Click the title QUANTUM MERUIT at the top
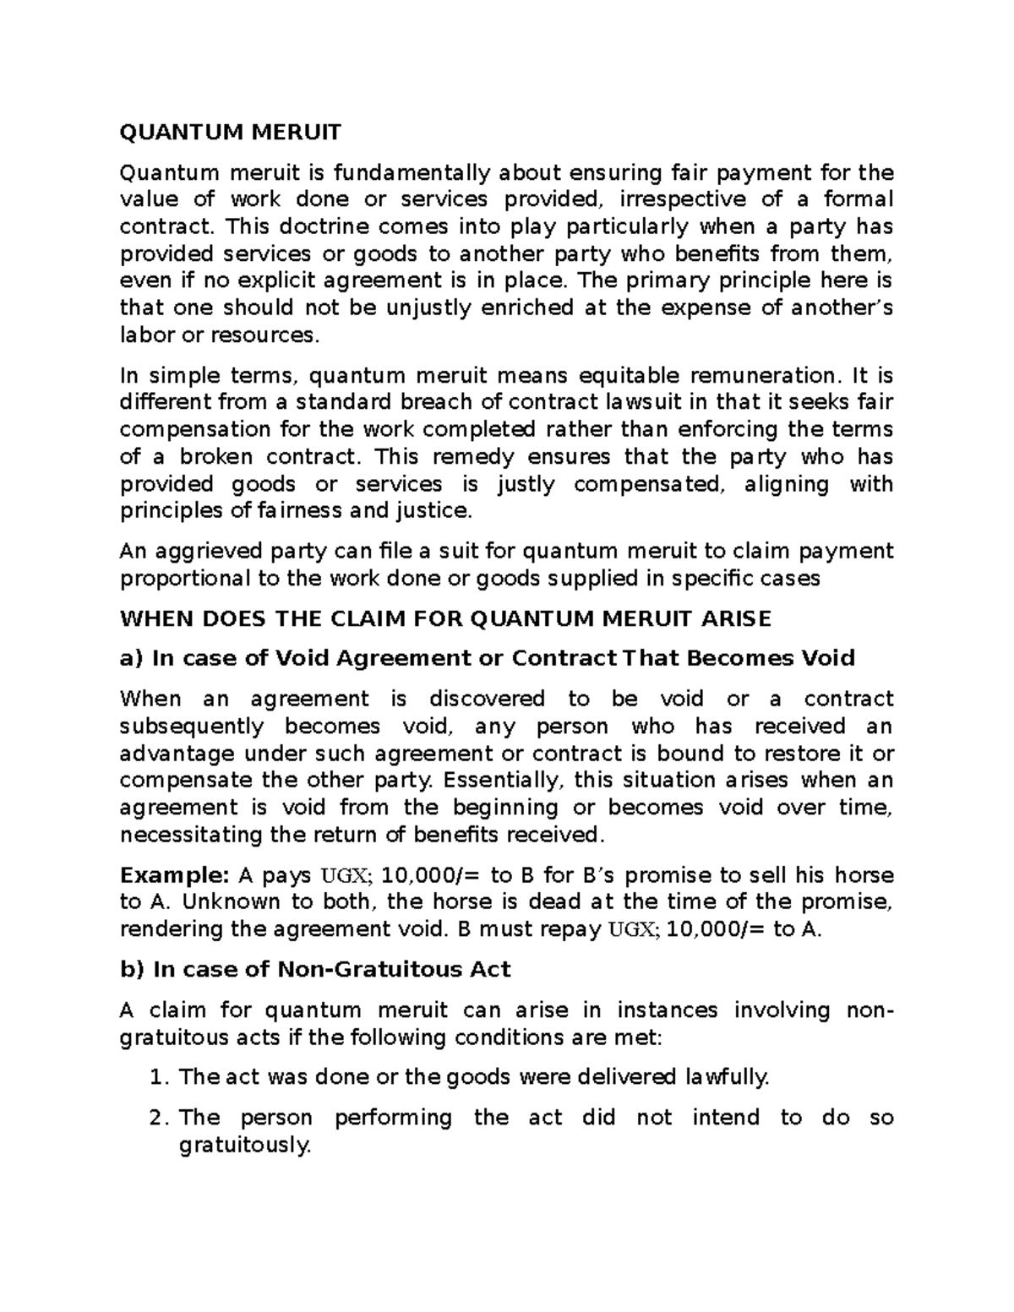point(231,132)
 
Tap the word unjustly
point(428,308)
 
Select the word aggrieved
point(200,552)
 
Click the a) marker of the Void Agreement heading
point(133,658)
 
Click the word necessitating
point(186,835)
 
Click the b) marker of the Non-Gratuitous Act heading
point(133,969)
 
